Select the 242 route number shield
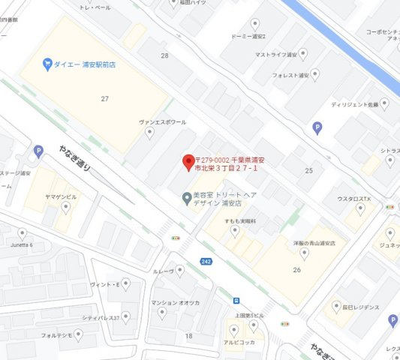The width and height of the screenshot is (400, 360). [x=206, y=260]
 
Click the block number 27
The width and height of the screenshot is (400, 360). [x=105, y=98]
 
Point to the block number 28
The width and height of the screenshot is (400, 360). [x=164, y=55]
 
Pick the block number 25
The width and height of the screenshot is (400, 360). [x=308, y=171]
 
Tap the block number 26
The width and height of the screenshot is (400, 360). [x=296, y=270]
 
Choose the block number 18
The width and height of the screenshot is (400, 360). [x=188, y=336]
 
